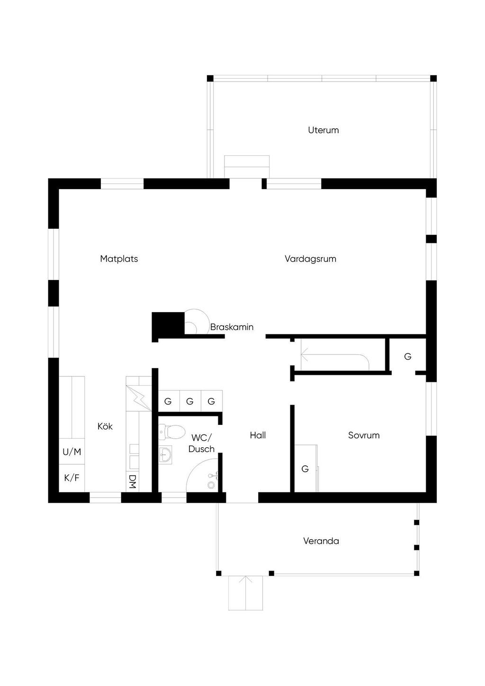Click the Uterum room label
coord(323,130)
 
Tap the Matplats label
coord(119,259)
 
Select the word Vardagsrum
coord(310,259)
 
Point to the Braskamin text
coord(232,327)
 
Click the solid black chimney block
coord(167,324)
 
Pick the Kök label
coord(105,426)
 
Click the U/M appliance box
coord(72,452)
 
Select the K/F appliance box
coord(72,478)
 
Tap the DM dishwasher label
coord(133,482)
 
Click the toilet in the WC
coord(172,432)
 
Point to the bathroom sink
coord(165,455)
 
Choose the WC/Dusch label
coord(202,443)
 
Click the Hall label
coord(258,435)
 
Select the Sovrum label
coord(364,435)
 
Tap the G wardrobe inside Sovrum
coord(305,469)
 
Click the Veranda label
coord(321,541)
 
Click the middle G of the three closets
coord(190,401)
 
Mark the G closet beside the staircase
coord(408,356)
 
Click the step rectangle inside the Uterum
coord(246,166)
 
